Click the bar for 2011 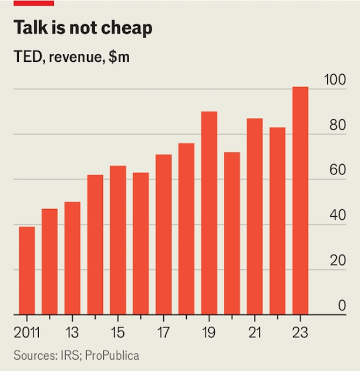(x=27, y=270)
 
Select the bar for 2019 (x=209, y=213)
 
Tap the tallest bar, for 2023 (x=300, y=201)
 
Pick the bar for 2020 (x=232, y=233)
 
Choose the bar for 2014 (x=95, y=245)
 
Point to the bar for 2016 (x=141, y=244)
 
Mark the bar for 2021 (x=255, y=216)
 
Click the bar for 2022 (x=278, y=221)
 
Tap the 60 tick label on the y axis (x=338, y=170)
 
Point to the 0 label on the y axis (x=342, y=306)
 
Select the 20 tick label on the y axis (x=338, y=261)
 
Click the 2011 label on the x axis (x=27, y=332)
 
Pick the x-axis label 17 (x=164, y=332)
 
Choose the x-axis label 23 (x=300, y=332)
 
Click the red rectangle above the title (x=33, y=3)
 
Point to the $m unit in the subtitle (x=118, y=56)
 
